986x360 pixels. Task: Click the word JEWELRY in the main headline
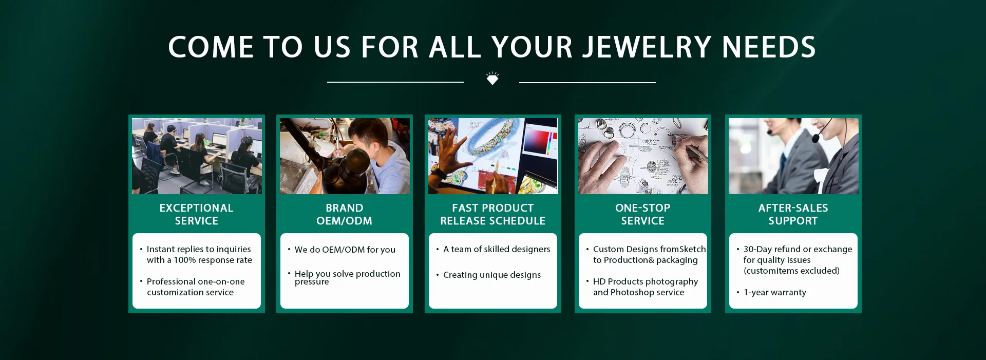tap(648, 48)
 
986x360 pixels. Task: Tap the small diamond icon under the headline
tap(492, 79)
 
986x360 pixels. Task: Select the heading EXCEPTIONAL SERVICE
tap(197, 214)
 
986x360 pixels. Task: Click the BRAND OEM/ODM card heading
tap(345, 214)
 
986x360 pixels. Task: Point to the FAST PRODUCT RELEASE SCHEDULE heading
tap(493, 214)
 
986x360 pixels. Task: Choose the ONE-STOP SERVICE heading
tap(643, 214)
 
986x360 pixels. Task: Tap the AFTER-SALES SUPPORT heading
tap(793, 214)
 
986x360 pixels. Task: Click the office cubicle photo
tap(197, 156)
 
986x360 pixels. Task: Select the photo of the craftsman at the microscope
tap(345, 156)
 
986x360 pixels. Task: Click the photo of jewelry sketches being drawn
tap(643, 156)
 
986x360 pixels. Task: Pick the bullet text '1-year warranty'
tap(775, 292)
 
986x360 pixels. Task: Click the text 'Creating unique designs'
tap(492, 275)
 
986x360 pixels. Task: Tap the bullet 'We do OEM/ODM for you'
tap(345, 250)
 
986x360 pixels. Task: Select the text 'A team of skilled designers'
tap(497, 249)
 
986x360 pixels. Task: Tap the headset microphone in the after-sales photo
tap(816, 138)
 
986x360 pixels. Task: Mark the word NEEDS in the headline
tap(769, 48)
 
